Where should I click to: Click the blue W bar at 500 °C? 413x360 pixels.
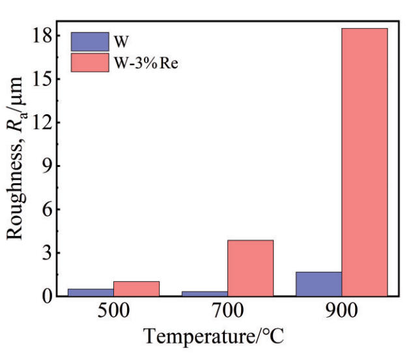[91, 292]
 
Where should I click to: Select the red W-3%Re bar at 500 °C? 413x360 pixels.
[136, 289]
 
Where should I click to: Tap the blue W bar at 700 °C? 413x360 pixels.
[205, 293]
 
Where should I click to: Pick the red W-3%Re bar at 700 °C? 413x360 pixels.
[250, 268]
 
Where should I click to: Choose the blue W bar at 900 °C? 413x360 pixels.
[319, 284]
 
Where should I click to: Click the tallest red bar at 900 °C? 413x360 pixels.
[364, 162]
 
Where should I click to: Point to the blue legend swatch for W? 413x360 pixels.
[89, 42]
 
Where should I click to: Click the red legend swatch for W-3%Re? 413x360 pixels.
[89, 63]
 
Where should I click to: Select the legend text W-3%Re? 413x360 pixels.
[142, 63]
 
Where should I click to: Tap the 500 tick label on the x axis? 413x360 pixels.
[113, 312]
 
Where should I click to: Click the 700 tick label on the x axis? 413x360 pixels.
[227, 312]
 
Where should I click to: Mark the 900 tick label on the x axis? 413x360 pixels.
[341, 312]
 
